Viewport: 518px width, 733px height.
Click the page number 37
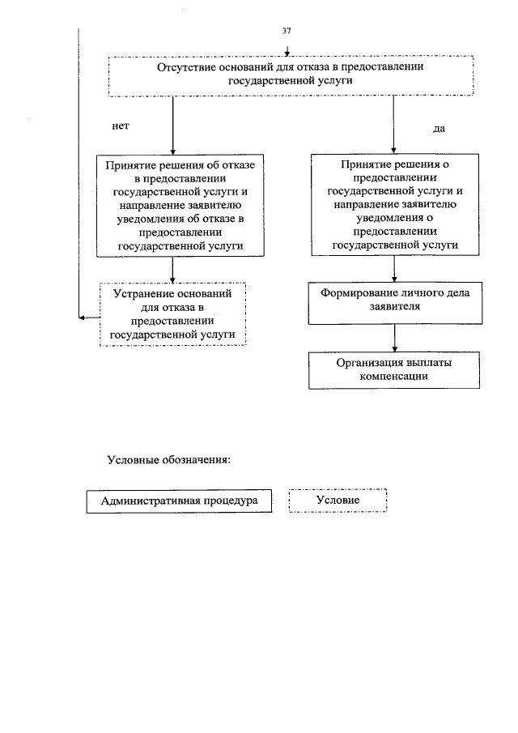click(287, 31)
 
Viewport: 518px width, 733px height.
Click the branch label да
click(439, 129)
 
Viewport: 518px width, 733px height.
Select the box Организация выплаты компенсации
click(394, 369)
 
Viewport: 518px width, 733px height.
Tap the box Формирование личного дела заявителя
click(394, 301)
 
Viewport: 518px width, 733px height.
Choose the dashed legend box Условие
click(338, 501)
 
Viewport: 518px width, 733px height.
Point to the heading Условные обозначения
click(169, 462)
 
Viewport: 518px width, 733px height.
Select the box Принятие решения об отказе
click(172, 206)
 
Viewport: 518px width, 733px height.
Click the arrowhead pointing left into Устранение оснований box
click(83, 317)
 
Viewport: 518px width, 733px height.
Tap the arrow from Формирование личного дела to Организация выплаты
click(394, 335)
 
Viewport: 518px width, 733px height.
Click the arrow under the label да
click(394, 126)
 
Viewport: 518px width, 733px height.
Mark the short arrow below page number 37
click(287, 48)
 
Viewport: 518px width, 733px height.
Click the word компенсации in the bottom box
click(394, 377)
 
